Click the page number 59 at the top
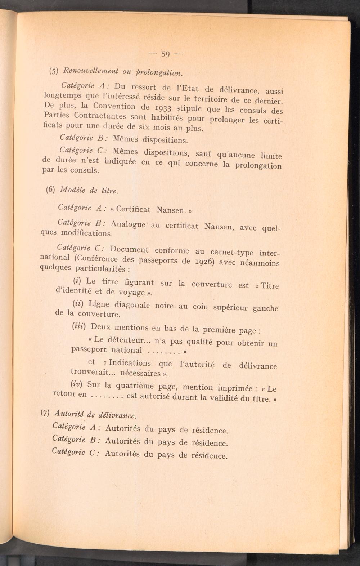point(165,54)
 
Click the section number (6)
point(50,189)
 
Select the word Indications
point(130,363)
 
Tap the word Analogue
point(128,224)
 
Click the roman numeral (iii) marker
point(79,326)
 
